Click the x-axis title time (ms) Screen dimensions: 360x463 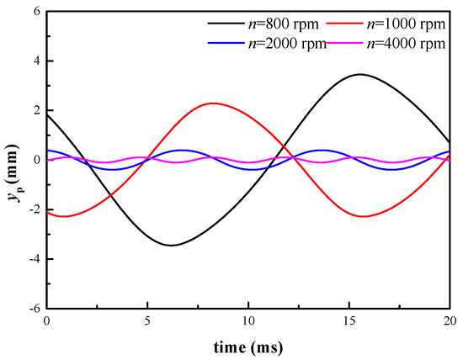pyautogui.click(x=248, y=346)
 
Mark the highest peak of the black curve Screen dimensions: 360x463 pyautogui.click(x=360, y=74)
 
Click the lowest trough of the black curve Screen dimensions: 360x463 pyautogui.click(x=172, y=245)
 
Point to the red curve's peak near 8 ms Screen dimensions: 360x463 pyautogui.click(x=213, y=103)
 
